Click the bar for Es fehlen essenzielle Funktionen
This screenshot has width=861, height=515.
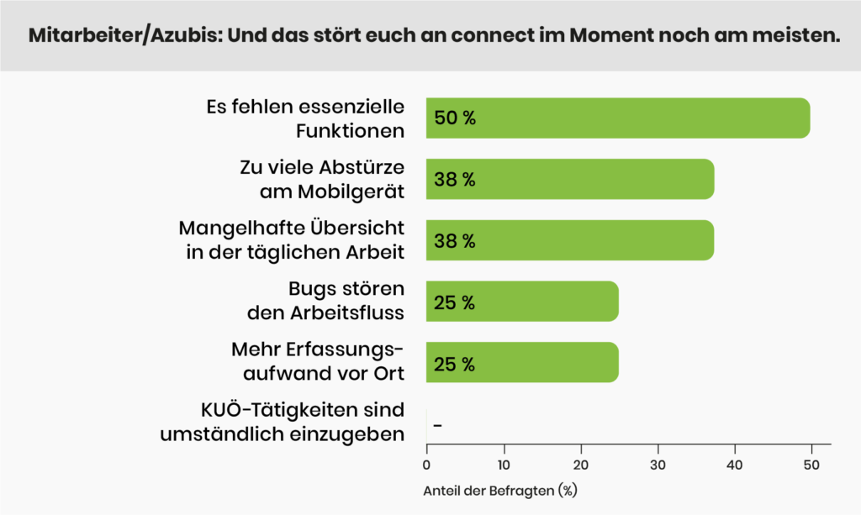click(x=618, y=118)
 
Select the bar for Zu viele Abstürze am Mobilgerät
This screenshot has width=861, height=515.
click(x=570, y=179)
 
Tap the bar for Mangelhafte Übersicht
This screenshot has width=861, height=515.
click(x=570, y=240)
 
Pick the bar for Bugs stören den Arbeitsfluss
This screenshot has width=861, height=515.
click(x=522, y=302)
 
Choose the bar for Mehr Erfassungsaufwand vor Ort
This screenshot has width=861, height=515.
click(x=522, y=363)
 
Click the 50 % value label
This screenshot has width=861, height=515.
click(x=455, y=118)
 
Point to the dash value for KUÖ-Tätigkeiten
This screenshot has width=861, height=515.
click(x=437, y=425)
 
